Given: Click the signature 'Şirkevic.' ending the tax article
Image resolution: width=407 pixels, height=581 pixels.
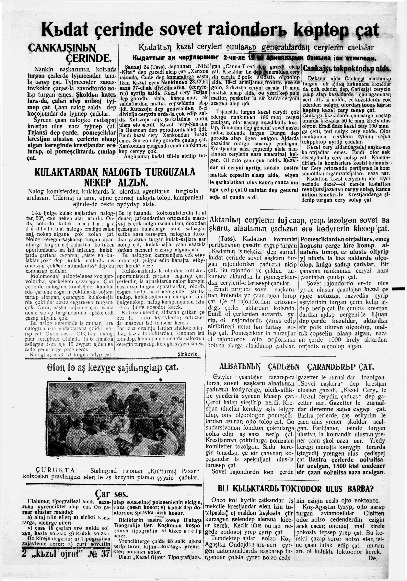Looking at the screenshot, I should point(188,354).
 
